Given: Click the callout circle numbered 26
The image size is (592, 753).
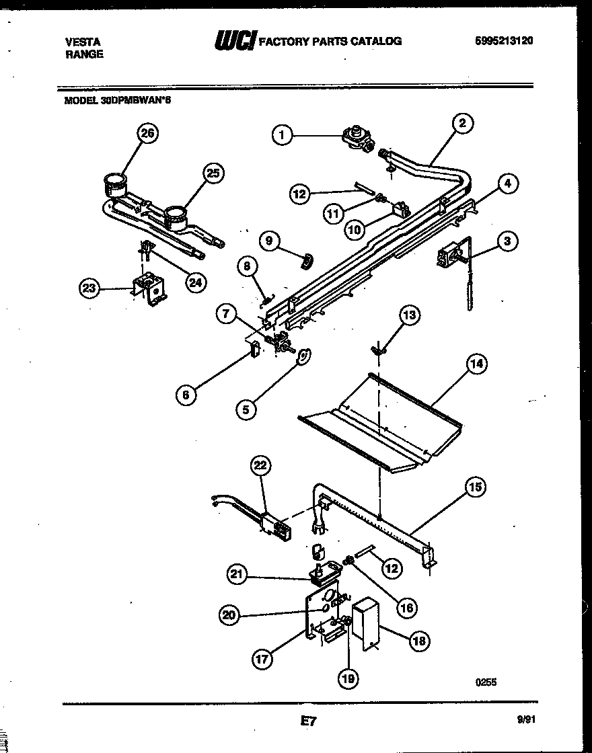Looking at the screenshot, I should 147,133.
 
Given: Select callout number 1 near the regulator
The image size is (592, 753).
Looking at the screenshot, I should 283,135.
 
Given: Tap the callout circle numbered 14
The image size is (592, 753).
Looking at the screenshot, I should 476,364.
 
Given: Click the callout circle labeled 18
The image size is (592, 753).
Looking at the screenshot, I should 418,640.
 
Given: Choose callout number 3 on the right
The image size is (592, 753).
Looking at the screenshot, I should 508,241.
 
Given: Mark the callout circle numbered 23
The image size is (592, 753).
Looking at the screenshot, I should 89,288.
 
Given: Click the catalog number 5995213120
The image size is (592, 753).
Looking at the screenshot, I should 504,40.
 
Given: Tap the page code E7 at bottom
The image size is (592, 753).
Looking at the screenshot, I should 307,721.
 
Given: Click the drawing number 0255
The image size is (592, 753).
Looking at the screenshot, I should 485,682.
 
